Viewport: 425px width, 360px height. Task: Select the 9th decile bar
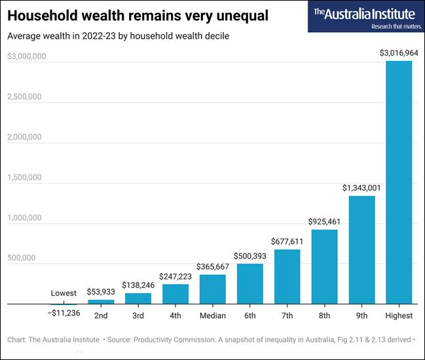pyautogui.click(x=361, y=250)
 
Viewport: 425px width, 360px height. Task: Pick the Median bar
pyautogui.click(x=212, y=289)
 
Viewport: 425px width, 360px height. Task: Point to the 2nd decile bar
pyautogui.click(x=101, y=302)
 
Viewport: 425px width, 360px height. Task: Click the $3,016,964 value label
pyautogui.click(x=399, y=52)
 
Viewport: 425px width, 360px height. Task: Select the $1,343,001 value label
pyautogui.click(x=361, y=188)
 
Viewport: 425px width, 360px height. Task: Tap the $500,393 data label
pyautogui.click(x=249, y=255)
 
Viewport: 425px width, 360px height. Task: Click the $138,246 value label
pyautogui.click(x=138, y=285)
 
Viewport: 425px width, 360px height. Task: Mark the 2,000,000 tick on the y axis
pyautogui.click(x=24, y=138)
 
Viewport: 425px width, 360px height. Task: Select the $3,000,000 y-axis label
pyautogui.click(x=26, y=57)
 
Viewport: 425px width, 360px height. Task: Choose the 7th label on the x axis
pyautogui.click(x=287, y=315)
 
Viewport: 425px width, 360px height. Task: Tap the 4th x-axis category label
pyautogui.click(x=175, y=315)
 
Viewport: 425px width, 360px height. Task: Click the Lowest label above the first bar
pyautogui.click(x=64, y=293)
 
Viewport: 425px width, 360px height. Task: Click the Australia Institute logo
pyautogui.click(x=364, y=16)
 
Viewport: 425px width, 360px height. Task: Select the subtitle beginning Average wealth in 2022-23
pyautogui.click(x=118, y=36)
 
